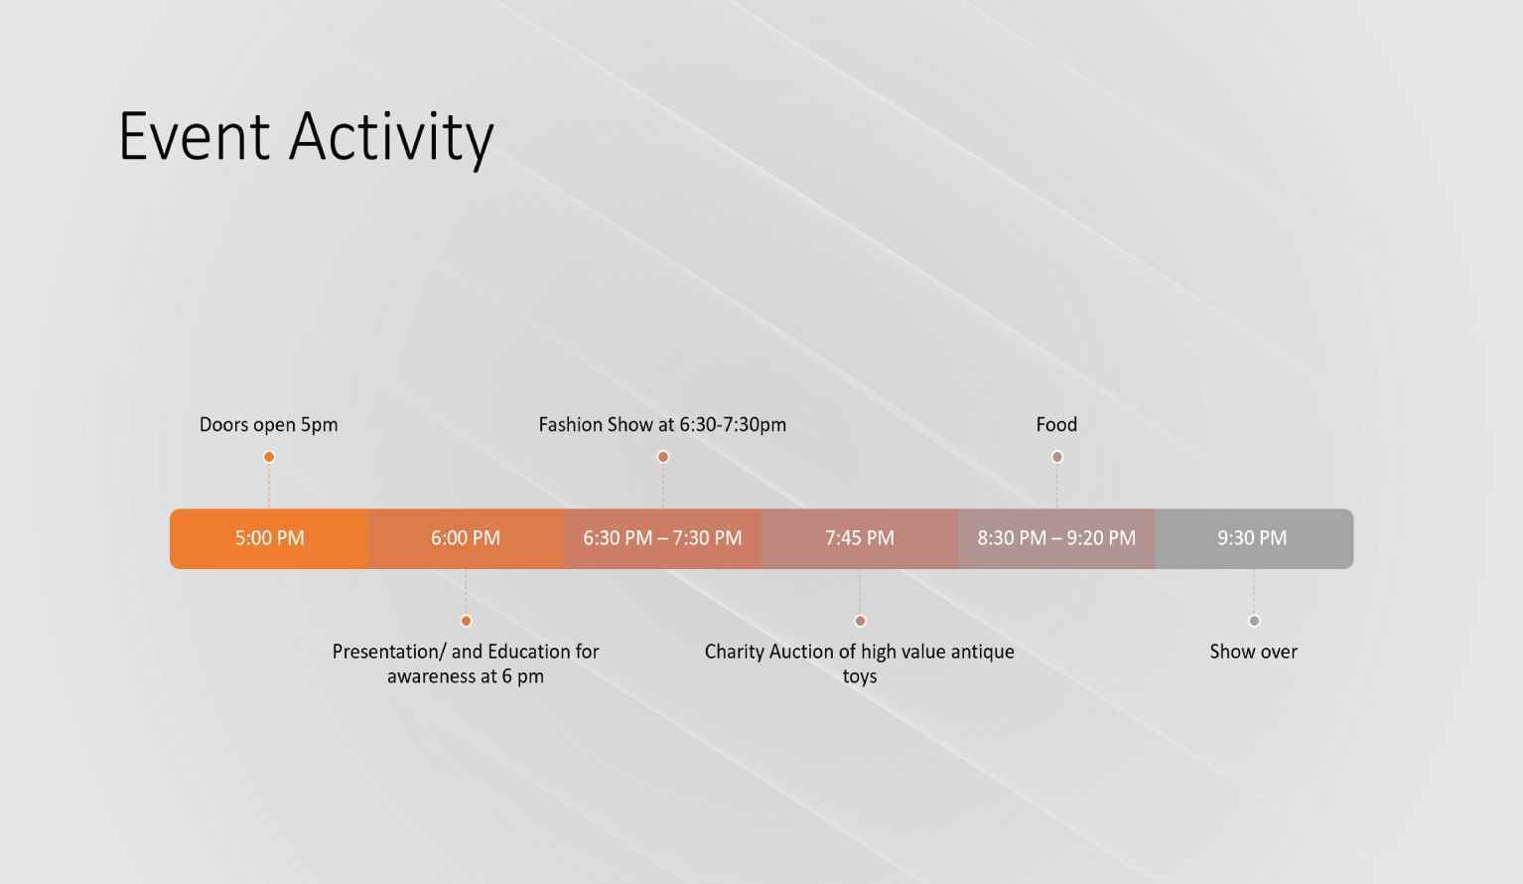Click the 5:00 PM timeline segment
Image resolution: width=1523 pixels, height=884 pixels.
coord(269,538)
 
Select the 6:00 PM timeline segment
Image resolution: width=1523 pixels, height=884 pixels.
coord(466,538)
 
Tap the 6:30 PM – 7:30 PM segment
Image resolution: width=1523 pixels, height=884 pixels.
coord(663,538)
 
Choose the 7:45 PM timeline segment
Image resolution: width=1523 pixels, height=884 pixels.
coord(860,538)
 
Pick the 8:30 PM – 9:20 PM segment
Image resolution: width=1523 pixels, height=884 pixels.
coord(1056,538)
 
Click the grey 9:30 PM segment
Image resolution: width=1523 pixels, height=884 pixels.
coord(1254,538)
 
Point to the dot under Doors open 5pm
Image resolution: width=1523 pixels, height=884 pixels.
coord(269,457)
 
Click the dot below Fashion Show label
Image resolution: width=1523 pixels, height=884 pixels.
coord(663,457)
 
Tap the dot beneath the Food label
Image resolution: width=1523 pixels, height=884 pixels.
coord(1056,457)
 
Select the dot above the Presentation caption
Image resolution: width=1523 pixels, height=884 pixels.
coord(466,621)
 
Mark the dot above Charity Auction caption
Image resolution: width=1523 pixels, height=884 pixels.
coord(860,621)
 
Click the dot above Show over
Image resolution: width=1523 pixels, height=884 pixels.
coord(1254,621)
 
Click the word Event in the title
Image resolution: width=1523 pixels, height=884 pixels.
coord(195,137)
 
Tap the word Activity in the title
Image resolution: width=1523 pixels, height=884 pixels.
coord(391,139)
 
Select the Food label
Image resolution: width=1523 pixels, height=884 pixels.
coord(1056,425)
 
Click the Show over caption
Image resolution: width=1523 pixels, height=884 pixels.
coord(1254,652)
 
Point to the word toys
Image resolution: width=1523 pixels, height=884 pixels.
coord(860,677)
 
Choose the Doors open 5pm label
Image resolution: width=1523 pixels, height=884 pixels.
coord(269,426)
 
